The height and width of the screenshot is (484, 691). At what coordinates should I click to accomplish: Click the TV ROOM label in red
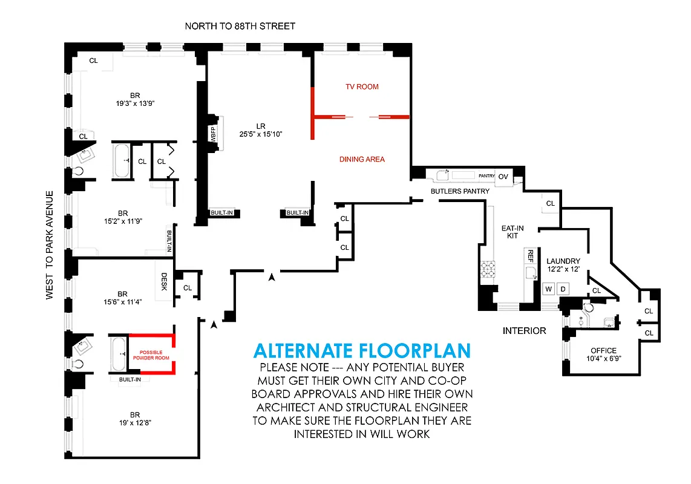[x=362, y=87]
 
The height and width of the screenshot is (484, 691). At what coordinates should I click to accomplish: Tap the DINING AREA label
[x=362, y=159]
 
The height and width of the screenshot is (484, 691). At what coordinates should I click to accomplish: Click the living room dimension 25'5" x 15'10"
[x=261, y=134]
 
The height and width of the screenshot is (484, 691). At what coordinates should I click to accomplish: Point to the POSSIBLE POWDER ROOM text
[x=155, y=355]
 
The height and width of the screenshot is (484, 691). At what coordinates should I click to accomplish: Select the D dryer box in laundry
[x=563, y=289]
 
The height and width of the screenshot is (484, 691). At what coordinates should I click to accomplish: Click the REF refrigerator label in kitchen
[x=530, y=256]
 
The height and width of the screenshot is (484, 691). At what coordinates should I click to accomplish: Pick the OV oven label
[x=503, y=177]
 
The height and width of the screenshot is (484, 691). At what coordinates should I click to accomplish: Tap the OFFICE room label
[x=603, y=350]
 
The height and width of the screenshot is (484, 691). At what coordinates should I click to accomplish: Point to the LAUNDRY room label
[x=563, y=261]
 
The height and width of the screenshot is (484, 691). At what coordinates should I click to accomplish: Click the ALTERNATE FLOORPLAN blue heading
[x=361, y=351]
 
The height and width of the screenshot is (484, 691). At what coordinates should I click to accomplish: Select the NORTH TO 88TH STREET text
[x=240, y=26]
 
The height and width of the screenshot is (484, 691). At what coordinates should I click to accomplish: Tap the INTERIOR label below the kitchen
[x=524, y=331]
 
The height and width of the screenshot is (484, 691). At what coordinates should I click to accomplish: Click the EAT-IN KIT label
[x=512, y=232]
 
